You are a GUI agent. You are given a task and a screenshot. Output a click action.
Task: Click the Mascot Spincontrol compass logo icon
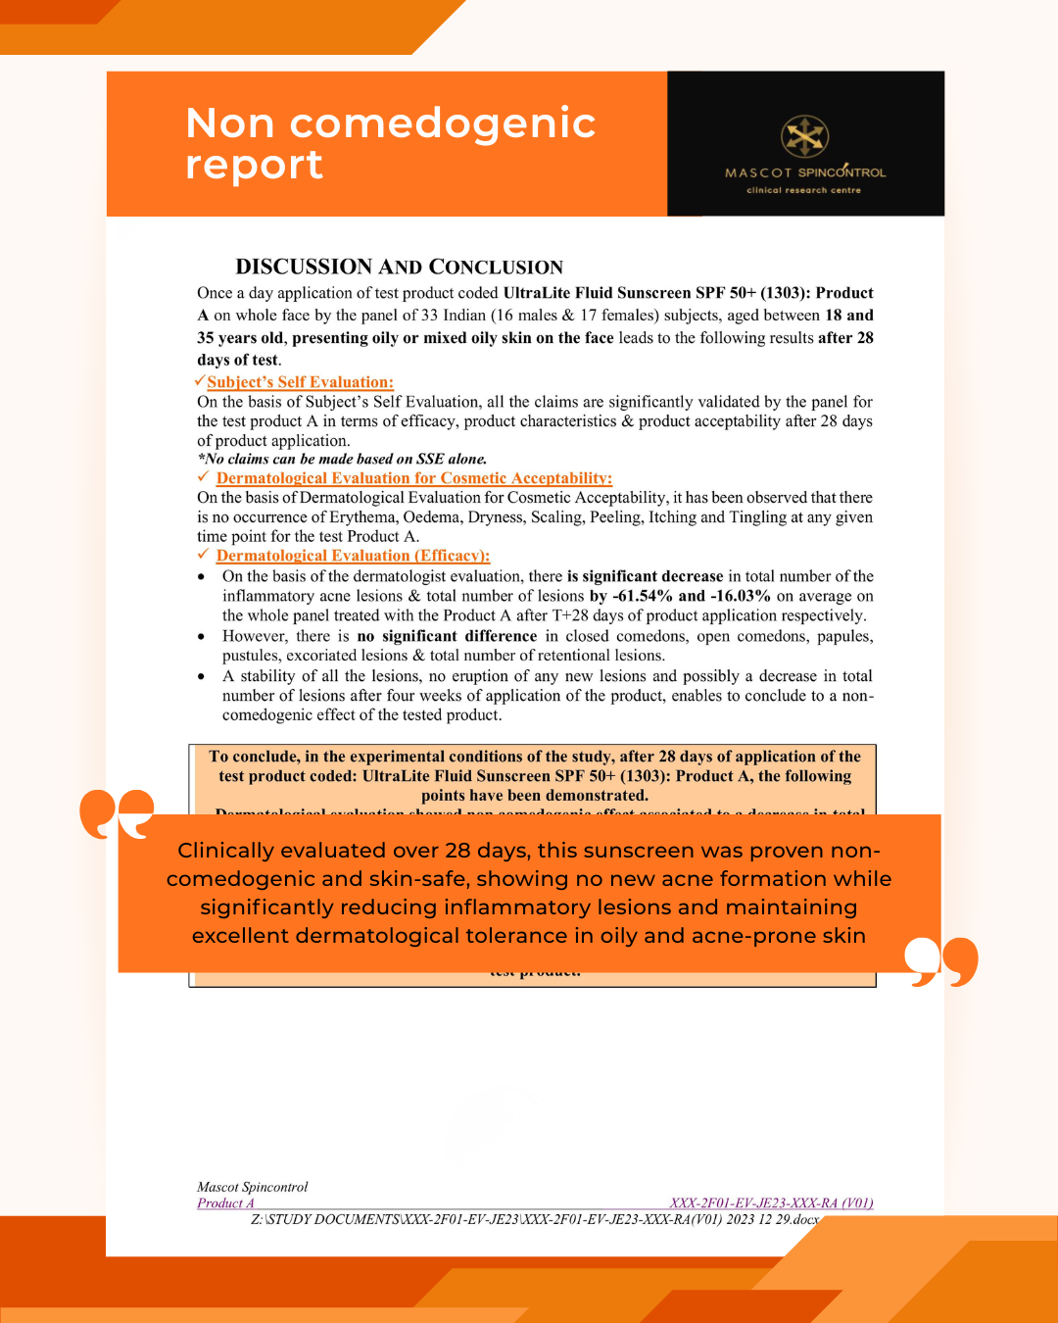tap(804, 137)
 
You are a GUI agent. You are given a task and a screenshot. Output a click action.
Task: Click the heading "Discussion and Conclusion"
tap(399, 267)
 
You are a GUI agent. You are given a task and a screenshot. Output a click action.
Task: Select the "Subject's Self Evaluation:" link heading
tap(300, 382)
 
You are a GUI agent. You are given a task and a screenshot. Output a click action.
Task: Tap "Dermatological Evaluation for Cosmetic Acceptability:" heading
tap(413, 478)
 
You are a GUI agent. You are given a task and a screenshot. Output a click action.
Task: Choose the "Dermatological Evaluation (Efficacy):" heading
tap(353, 556)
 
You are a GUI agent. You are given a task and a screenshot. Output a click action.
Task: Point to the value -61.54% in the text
tap(642, 596)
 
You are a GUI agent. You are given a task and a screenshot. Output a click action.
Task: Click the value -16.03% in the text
tap(740, 596)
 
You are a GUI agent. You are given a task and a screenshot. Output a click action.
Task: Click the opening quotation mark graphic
tap(117, 813)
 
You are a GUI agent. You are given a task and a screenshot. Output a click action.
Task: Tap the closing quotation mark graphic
tap(941, 961)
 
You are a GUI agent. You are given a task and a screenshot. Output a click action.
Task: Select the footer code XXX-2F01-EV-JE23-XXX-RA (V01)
tap(771, 1202)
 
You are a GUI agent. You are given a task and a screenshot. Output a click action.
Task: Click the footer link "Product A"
tap(225, 1203)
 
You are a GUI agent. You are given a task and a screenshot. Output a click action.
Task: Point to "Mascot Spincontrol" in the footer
tap(252, 1187)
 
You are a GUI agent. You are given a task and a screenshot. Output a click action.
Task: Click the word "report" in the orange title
tap(254, 165)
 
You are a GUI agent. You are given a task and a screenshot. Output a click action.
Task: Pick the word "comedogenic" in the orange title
tap(443, 123)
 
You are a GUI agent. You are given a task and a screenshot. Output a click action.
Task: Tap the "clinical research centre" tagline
tap(803, 190)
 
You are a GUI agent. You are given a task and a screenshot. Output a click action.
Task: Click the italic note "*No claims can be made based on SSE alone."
tap(342, 459)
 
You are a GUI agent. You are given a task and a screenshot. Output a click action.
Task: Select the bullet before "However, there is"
tap(202, 637)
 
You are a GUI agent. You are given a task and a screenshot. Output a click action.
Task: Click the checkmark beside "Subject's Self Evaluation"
tap(200, 381)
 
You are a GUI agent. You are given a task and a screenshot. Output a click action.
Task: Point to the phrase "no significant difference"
tap(447, 636)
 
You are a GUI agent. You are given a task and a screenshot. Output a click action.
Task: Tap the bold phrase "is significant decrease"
tap(645, 576)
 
